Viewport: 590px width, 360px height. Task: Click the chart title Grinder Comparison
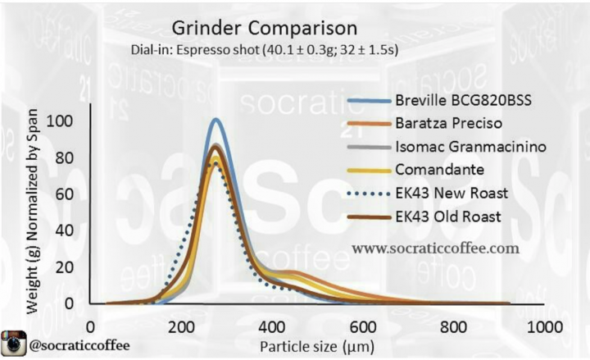coord(264,29)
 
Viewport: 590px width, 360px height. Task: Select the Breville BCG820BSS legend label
coord(463,101)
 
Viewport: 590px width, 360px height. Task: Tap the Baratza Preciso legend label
coord(448,124)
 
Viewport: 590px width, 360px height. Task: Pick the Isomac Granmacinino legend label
coord(470,147)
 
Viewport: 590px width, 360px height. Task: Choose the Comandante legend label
coord(439,170)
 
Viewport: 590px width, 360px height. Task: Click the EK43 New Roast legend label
coord(452,194)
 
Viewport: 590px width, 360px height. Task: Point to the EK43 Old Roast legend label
coord(448,216)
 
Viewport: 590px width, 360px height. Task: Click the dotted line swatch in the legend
coord(369,194)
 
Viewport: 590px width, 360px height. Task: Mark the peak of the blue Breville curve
coord(216,120)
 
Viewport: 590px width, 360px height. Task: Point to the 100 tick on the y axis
coord(60,121)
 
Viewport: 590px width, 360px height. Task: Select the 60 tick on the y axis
coord(65,194)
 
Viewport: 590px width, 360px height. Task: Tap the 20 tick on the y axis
coord(65,267)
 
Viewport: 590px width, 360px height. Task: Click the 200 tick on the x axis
coord(181,327)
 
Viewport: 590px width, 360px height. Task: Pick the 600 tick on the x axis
coord(363,327)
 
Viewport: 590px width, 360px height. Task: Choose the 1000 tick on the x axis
coord(545,327)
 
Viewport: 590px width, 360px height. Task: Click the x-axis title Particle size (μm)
coord(317,346)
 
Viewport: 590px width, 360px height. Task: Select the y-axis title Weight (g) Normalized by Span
coord(33,212)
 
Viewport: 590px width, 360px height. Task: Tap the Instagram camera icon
coord(14,343)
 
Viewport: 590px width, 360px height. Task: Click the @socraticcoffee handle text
coord(79,345)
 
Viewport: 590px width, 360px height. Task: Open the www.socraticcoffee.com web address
coord(436,248)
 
